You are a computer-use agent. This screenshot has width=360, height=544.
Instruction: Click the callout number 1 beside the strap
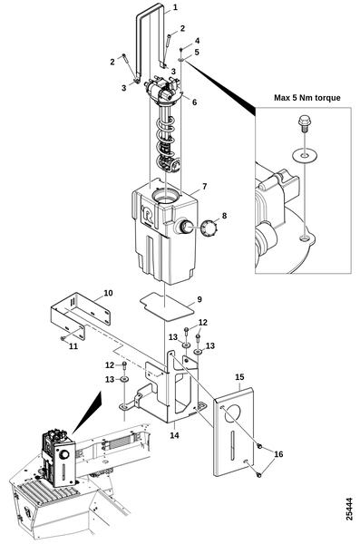click(175, 7)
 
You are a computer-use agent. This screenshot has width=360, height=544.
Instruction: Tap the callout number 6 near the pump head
click(194, 102)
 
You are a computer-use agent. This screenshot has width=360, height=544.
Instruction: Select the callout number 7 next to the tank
click(204, 187)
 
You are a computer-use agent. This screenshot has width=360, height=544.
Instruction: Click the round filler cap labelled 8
click(209, 228)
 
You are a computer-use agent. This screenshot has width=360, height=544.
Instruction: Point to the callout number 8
click(224, 216)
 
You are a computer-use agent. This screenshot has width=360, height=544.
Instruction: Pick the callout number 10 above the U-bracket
click(108, 293)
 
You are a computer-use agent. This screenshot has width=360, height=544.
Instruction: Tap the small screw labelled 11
click(63, 338)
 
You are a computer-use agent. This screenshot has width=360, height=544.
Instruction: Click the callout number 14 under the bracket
click(174, 435)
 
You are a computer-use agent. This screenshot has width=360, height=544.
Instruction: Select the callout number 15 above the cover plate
click(239, 377)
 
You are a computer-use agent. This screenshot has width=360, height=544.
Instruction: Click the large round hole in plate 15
click(232, 414)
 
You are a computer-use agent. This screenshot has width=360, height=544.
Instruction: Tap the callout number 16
click(278, 454)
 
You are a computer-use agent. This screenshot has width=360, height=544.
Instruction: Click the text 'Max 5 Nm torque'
click(306, 98)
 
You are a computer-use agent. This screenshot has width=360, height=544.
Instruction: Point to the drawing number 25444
click(349, 509)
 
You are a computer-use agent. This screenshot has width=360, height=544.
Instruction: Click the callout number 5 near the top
click(197, 53)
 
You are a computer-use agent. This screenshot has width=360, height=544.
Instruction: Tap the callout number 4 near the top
click(197, 41)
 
